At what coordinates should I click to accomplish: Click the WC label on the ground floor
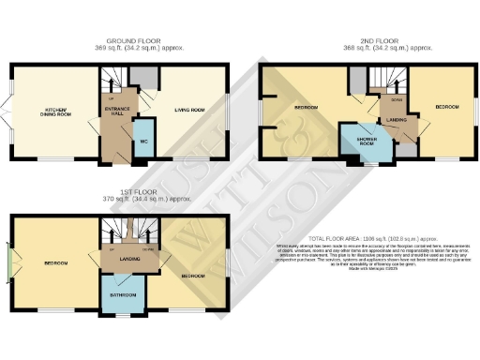[143, 141]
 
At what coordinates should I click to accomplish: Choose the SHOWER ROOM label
[361, 142]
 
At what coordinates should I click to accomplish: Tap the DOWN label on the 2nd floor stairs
[396, 98]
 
